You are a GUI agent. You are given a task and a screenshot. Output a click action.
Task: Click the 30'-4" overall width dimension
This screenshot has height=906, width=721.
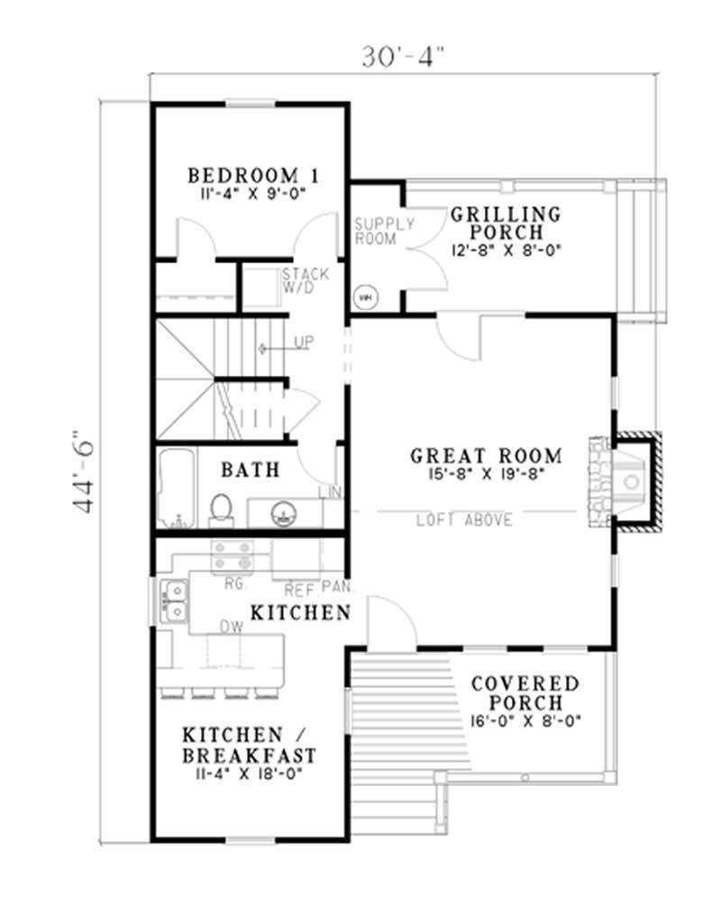pos(404,57)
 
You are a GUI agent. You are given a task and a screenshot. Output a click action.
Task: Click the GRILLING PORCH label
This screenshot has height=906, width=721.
pos(506,224)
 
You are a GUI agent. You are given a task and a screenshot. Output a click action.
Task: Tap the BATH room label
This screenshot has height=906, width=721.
pos(250,470)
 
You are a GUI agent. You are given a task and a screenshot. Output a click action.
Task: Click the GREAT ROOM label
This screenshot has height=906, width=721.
pos(486,456)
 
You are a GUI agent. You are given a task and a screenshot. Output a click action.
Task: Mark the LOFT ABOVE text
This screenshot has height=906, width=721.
pos(464,520)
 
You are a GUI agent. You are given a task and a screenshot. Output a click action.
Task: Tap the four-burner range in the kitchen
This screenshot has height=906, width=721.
pos(231,556)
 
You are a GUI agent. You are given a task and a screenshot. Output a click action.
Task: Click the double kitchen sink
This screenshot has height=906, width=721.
pos(172,599)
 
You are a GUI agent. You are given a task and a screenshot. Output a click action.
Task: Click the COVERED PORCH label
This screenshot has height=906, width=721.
pos(525,692)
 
